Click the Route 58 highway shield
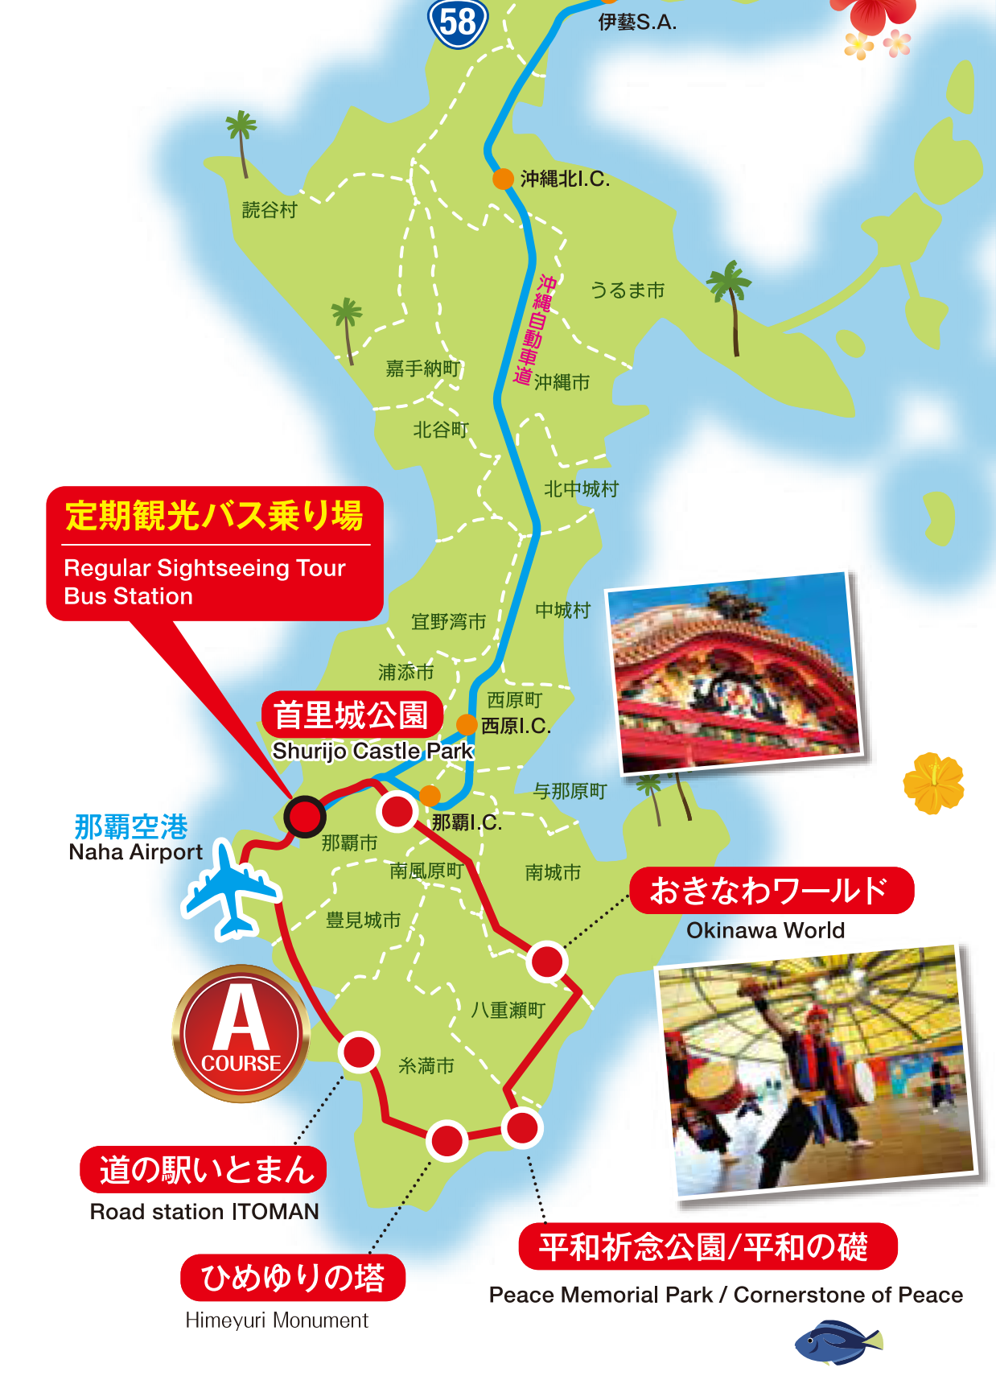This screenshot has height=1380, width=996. click(458, 23)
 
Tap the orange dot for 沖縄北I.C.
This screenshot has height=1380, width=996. click(503, 179)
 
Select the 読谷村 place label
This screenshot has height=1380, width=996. click(270, 210)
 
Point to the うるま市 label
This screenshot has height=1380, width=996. click(628, 290)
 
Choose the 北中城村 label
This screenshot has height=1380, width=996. click(581, 488)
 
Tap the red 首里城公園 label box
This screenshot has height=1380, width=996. click(352, 715)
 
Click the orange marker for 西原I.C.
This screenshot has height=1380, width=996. click(467, 724)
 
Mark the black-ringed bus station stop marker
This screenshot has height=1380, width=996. click(305, 817)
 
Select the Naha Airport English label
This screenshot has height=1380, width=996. click(136, 852)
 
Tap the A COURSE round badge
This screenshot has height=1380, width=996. click(241, 1034)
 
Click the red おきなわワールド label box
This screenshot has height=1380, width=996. click(771, 891)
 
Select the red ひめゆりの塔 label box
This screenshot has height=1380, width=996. click(293, 1278)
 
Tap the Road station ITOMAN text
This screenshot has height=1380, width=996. click(204, 1212)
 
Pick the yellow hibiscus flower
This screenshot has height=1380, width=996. click(933, 783)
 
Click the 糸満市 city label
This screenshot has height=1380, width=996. click(426, 1066)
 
